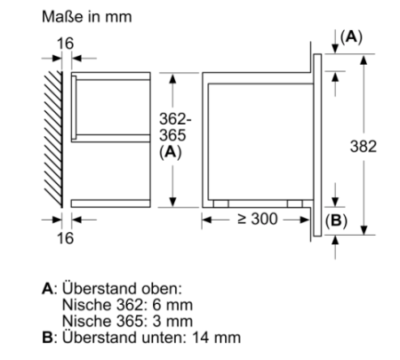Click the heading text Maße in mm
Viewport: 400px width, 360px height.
tap(87, 17)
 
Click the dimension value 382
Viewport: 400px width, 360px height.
tap(364, 147)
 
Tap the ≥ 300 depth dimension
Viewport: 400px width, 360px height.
tap(258, 219)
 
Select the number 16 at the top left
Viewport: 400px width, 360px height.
tap(65, 44)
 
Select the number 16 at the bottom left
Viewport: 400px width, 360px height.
tap(65, 238)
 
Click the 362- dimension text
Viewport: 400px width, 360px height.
tap(175, 119)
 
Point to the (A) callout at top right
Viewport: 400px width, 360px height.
tap(351, 37)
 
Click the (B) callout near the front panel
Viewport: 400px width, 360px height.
tap(336, 220)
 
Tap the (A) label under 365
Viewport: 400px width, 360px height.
tap(171, 152)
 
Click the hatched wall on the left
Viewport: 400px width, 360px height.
tap(53, 140)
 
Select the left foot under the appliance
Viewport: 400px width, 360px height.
tap(220, 204)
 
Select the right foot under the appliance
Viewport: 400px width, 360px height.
tap(295, 204)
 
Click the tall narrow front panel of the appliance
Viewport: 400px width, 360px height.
tap(317, 145)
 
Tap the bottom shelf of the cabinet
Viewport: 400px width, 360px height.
tap(111, 204)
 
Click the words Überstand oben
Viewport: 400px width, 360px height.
tap(122, 288)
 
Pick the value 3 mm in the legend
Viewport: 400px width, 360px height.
tap(172, 321)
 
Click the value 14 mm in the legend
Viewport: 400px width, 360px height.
tap(216, 338)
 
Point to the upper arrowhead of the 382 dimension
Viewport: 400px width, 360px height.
tap(364, 60)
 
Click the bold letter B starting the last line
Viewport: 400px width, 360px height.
tap(47, 338)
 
